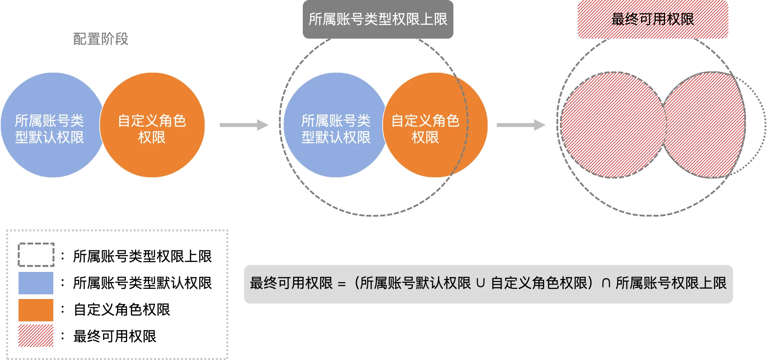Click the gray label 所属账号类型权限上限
click(x=378, y=19)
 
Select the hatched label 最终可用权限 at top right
click(x=653, y=19)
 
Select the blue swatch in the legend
click(x=36, y=284)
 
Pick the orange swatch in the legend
click(x=36, y=310)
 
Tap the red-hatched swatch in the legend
click(x=36, y=336)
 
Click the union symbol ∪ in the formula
click(x=480, y=284)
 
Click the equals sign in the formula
click(x=341, y=284)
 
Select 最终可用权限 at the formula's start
click(x=291, y=284)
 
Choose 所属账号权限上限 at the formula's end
click(x=671, y=284)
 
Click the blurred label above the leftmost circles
click(x=100, y=39)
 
